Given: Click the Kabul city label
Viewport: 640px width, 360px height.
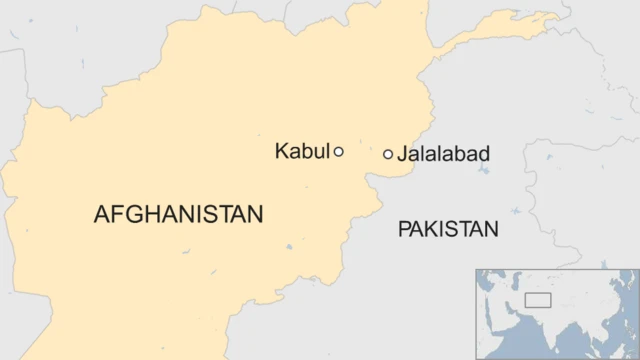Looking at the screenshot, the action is click(301, 152).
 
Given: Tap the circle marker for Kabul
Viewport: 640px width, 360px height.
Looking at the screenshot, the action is click(339, 152).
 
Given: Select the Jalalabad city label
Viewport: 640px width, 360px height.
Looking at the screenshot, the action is click(443, 154).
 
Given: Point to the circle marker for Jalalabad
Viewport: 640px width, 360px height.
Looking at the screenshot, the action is click(388, 154).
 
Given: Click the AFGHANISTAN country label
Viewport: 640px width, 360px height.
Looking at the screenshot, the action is click(178, 214).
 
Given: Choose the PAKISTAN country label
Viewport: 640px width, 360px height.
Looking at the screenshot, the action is click(447, 230).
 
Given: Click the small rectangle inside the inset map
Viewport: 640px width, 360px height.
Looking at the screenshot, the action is click(538, 300).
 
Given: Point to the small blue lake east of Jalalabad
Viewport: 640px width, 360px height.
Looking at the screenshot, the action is click(484, 171).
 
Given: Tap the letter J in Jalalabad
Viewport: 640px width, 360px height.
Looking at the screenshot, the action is click(402, 154).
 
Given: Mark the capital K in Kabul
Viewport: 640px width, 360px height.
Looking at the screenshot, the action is click(281, 152).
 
